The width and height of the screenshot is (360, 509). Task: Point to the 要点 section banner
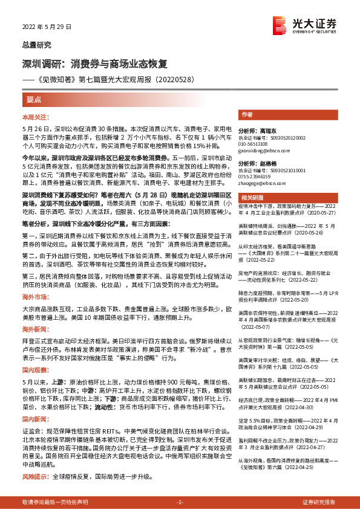(34, 98)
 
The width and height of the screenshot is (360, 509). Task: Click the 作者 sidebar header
(247, 114)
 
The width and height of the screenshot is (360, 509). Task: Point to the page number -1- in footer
(179, 502)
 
